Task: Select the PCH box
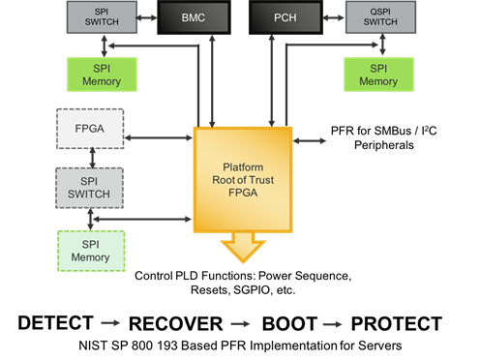285,16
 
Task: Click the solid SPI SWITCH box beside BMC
101,16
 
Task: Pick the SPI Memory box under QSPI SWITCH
378,75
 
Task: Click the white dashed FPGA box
90,129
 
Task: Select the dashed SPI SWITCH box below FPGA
90,187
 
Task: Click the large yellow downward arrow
242,248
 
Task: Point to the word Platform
242,166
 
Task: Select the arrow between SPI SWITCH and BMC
148,16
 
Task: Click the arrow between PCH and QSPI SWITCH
332,16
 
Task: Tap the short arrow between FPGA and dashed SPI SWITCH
90,158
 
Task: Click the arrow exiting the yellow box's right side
310,140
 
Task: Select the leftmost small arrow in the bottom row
110,323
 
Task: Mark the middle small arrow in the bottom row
240,324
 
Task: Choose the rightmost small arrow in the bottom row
332,324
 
